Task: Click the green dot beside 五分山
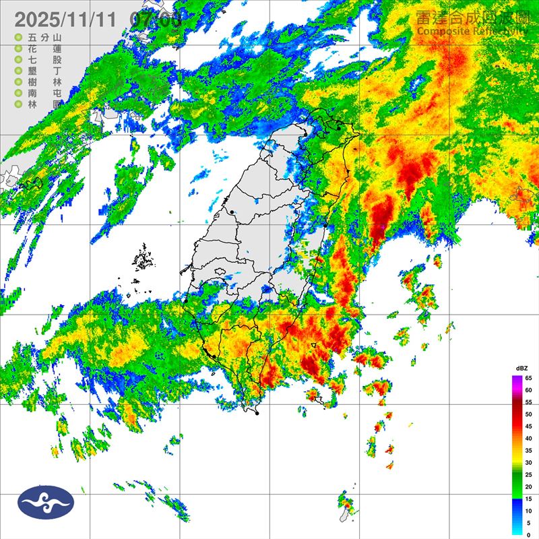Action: pyautogui.click(x=18, y=38)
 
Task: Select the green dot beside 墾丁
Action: pyautogui.click(x=18, y=71)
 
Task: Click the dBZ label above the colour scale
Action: pyautogui.click(x=521, y=369)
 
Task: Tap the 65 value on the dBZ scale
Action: pyautogui.click(x=529, y=378)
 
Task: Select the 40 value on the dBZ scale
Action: pyautogui.click(x=529, y=438)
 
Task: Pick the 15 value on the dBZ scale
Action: pyautogui.click(x=529, y=499)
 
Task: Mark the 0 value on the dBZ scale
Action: pyautogui.click(x=529, y=534)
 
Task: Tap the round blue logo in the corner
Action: pyautogui.click(x=46, y=501)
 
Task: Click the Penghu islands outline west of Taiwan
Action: pyautogui.click(x=143, y=259)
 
